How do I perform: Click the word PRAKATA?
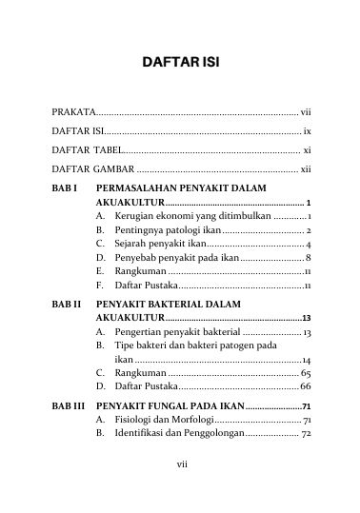coord(73,111)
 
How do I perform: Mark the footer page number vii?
coord(179,490)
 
